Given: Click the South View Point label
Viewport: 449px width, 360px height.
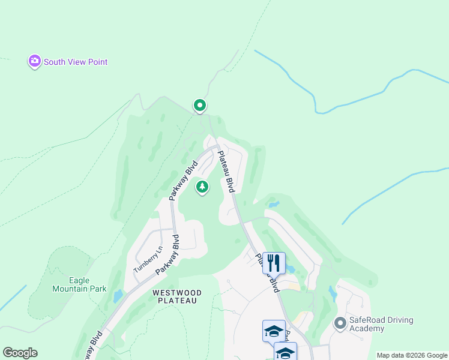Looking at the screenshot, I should pos(76,62).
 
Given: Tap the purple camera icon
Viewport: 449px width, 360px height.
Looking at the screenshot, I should pos(34,61).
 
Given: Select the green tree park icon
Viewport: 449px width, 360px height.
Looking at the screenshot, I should pos(203,188).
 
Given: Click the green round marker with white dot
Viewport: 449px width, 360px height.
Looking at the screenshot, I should pos(200,106).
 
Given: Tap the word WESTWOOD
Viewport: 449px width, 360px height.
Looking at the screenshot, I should pos(177,292).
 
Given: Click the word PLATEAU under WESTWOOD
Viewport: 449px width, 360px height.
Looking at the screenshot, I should pos(177,301).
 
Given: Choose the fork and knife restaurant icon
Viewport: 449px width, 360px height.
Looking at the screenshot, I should pos(273,263).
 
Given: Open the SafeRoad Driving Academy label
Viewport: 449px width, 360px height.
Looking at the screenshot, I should pos(375,324).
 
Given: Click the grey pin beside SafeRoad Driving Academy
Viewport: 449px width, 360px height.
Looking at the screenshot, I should pos(340,324).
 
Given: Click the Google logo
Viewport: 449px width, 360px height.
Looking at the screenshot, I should pos(20,353).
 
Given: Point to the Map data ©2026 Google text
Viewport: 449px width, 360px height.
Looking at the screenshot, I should pos(412,355).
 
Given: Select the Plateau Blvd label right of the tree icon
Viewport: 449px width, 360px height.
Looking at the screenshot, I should pos(226,172).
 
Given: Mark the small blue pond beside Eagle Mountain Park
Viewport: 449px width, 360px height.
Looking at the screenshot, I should pos(118,295).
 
